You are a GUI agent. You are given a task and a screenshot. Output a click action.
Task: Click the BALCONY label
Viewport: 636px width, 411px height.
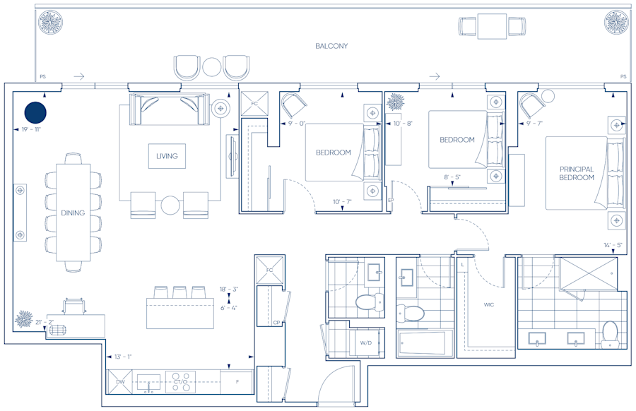point(331,47)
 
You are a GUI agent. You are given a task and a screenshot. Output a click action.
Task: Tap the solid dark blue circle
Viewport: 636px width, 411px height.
point(35,112)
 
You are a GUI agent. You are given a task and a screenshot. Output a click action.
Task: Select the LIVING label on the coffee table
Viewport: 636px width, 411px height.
point(167,156)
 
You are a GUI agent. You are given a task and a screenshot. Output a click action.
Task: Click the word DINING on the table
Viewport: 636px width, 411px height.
point(73,213)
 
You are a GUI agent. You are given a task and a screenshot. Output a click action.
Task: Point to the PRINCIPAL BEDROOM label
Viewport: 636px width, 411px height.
point(577,174)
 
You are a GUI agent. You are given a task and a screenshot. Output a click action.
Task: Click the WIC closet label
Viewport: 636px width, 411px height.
point(488,305)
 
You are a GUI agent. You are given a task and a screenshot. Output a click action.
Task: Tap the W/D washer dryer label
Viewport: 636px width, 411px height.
point(366,342)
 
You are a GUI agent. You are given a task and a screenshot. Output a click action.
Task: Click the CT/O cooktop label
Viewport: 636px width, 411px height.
point(180,382)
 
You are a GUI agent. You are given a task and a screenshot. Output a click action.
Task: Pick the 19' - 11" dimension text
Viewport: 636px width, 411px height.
point(31,130)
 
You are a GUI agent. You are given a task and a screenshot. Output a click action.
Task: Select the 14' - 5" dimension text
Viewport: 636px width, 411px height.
point(613,246)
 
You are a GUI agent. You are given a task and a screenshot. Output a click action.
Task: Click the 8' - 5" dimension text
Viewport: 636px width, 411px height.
point(453,178)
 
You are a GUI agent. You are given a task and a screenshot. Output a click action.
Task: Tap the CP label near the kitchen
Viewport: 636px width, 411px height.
point(277,323)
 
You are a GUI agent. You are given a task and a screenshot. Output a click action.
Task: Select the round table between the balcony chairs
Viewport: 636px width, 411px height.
point(212,67)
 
